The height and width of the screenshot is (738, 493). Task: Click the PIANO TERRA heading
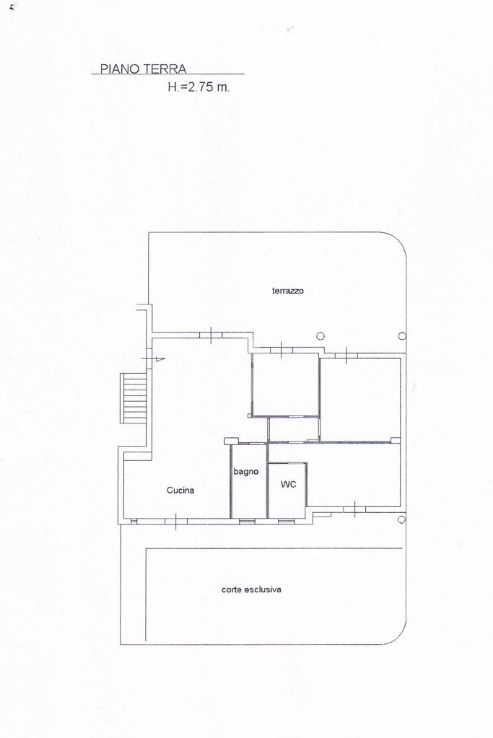(x=143, y=69)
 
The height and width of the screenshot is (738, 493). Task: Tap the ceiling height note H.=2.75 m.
(x=198, y=87)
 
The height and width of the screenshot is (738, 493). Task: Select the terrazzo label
(x=288, y=291)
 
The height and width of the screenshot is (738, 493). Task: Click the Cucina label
(x=180, y=491)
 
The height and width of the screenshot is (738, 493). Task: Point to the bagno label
(x=246, y=472)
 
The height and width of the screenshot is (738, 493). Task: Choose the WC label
(x=288, y=484)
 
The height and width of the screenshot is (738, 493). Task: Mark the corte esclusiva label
(x=251, y=589)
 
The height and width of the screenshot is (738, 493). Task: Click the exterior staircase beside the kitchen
(x=134, y=397)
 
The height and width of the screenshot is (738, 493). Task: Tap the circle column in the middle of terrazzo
(x=320, y=335)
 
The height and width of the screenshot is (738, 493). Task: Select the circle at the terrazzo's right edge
(x=402, y=336)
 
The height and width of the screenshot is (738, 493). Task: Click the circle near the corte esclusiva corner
(x=401, y=519)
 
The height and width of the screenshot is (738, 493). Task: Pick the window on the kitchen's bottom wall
(x=175, y=522)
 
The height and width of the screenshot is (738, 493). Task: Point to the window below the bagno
(x=247, y=521)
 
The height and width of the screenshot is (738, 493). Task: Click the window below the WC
(x=285, y=521)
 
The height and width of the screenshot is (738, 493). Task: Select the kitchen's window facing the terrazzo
(x=211, y=335)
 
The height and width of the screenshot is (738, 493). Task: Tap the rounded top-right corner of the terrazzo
(x=398, y=240)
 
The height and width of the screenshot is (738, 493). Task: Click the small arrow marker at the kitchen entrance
(x=160, y=359)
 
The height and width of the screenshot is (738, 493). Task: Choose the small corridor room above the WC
(x=293, y=429)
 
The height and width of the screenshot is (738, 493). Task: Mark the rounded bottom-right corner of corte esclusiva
(x=398, y=637)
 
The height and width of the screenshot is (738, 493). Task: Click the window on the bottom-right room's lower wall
(x=354, y=509)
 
